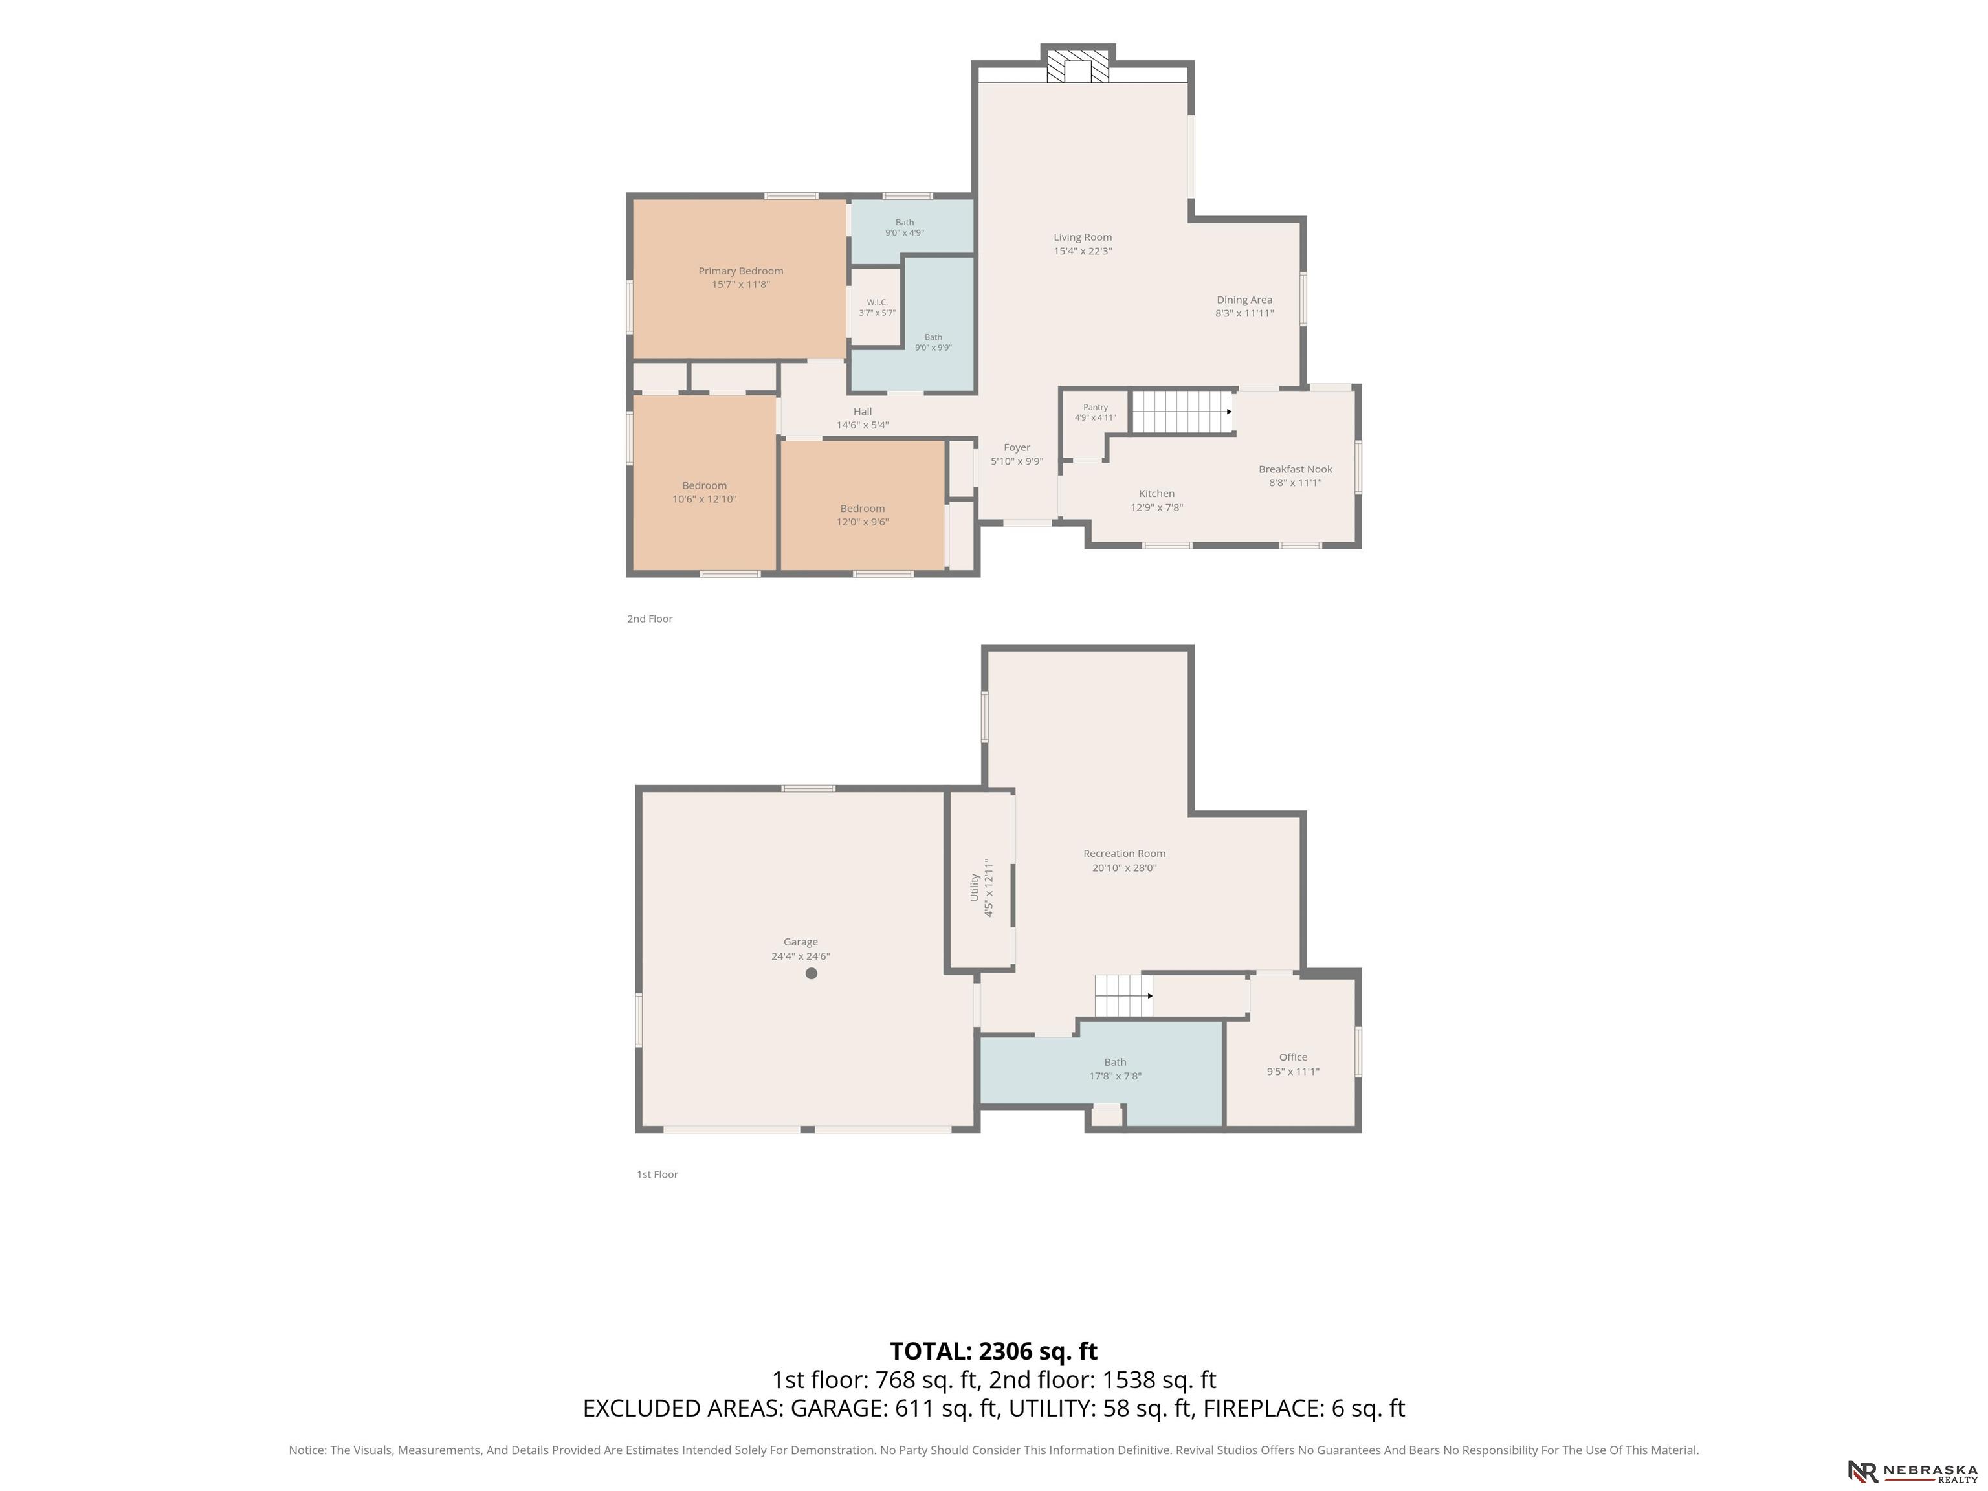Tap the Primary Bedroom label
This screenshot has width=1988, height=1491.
coord(740,271)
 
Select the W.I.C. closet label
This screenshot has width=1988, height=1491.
coord(877,302)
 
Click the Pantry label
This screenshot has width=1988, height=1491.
coord(1096,407)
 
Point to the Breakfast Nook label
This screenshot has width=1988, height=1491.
coord(1295,469)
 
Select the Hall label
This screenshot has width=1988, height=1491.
coord(863,412)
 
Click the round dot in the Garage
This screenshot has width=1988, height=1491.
coord(812,973)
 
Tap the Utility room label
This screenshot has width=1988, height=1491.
coord(974,888)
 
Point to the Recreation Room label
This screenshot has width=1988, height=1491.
coord(1124,854)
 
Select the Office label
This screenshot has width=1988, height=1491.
coord(1293,1057)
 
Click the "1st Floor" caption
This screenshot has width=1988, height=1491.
coord(657,1175)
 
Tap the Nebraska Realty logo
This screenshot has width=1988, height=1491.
coord(1912,1471)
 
